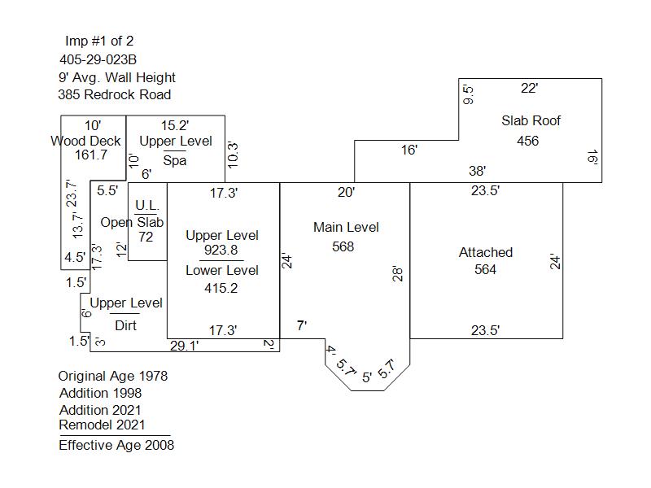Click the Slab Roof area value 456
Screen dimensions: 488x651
[527, 141]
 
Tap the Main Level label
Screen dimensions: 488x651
[346, 227]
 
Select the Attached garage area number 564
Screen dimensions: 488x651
[485, 269]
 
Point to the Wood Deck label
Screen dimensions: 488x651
[85, 141]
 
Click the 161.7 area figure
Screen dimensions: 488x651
[90, 155]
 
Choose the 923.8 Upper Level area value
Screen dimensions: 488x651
[221, 251]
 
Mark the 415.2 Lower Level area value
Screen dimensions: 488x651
[221, 288]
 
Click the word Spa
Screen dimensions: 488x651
[174, 160]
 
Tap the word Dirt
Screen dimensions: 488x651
[125, 325]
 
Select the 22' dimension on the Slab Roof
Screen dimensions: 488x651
[530, 88]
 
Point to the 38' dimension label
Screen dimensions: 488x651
[478, 171]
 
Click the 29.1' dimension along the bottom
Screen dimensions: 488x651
[185, 346]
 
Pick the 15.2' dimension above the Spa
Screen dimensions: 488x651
[175, 125]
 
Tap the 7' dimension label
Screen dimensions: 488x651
[301, 325]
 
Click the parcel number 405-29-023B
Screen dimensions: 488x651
[98, 59]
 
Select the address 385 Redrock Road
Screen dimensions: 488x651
[114, 94]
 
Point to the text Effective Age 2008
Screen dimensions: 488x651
[116, 445]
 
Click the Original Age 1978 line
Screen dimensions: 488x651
[112, 376]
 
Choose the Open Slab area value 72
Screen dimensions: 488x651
[146, 237]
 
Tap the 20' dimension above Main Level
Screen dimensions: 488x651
[347, 192]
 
